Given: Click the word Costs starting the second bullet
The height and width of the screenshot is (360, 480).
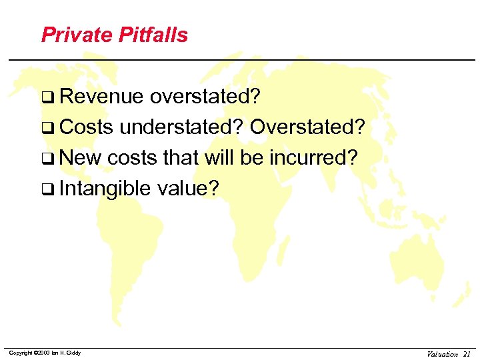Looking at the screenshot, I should pos(86,127).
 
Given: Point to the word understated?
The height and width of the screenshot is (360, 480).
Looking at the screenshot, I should pos(182,127).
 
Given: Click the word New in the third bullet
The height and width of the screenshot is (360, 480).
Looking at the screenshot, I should pos(80,158).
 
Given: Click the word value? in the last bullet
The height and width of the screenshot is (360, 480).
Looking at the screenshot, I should pos(188,189).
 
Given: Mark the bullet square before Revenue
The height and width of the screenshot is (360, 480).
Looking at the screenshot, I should pos(47,98).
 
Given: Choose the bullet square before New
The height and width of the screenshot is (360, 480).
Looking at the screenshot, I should pos(47,159).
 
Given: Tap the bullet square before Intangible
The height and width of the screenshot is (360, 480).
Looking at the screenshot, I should pos(47,190).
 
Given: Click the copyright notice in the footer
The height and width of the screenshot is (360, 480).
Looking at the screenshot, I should pos(45,353).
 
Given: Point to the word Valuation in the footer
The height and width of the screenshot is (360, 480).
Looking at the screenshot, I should pos(443,354).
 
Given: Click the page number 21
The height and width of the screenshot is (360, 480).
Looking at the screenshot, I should pos(467,354).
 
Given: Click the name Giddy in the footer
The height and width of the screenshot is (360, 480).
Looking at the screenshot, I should pos(73,353).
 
